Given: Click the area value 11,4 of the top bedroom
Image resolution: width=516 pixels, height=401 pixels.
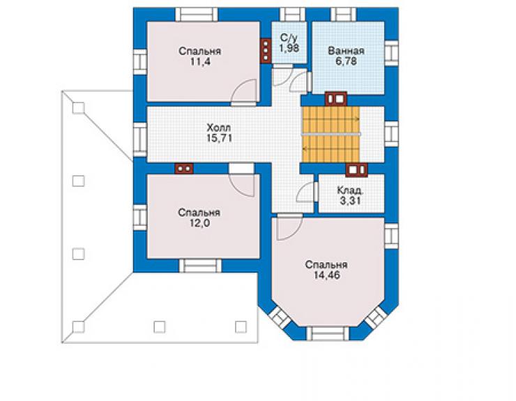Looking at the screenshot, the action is click(x=200, y=61).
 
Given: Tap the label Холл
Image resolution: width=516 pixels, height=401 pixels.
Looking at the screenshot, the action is click(x=218, y=128).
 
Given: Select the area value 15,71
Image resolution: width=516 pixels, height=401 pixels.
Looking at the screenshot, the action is click(x=219, y=138).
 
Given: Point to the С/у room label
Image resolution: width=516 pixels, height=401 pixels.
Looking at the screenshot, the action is click(x=289, y=38).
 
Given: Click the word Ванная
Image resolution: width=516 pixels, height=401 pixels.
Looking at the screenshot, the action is click(x=346, y=51).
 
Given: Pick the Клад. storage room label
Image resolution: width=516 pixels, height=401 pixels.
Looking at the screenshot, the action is click(x=351, y=190).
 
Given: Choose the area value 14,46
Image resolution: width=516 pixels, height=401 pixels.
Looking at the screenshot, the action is click(x=326, y=275).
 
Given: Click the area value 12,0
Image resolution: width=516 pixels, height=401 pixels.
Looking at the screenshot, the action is click(x=199, y=223).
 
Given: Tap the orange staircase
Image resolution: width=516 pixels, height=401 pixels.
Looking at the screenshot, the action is click(x=331, y=135).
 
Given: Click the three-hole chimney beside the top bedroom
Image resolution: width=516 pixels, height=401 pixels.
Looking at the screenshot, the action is click(x=266, y=51).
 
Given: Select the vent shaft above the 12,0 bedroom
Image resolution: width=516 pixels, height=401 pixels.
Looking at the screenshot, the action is click(x=184, y=169).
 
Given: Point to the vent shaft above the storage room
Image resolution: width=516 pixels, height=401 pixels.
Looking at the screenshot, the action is click(x=356, y=170).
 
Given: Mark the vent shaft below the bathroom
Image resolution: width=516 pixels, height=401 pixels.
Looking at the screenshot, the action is click(x=336, y=98).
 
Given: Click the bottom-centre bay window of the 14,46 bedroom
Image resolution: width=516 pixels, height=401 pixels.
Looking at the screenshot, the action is click(x=328, y=333).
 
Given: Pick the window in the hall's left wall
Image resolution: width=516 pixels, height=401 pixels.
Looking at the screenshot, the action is click(x=140, y=139).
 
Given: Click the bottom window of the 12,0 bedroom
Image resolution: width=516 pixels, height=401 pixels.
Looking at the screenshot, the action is click(x=200, y=266).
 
